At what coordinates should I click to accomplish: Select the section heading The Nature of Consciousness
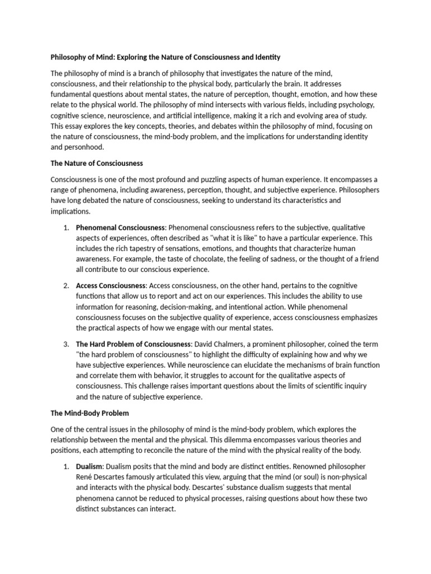97,164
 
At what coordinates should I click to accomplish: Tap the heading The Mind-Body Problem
90,413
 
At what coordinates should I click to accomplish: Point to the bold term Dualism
89,466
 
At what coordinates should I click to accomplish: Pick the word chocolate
211,259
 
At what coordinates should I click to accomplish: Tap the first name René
85,477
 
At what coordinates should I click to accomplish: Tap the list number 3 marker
66,344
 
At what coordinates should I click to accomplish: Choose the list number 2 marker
66,286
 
